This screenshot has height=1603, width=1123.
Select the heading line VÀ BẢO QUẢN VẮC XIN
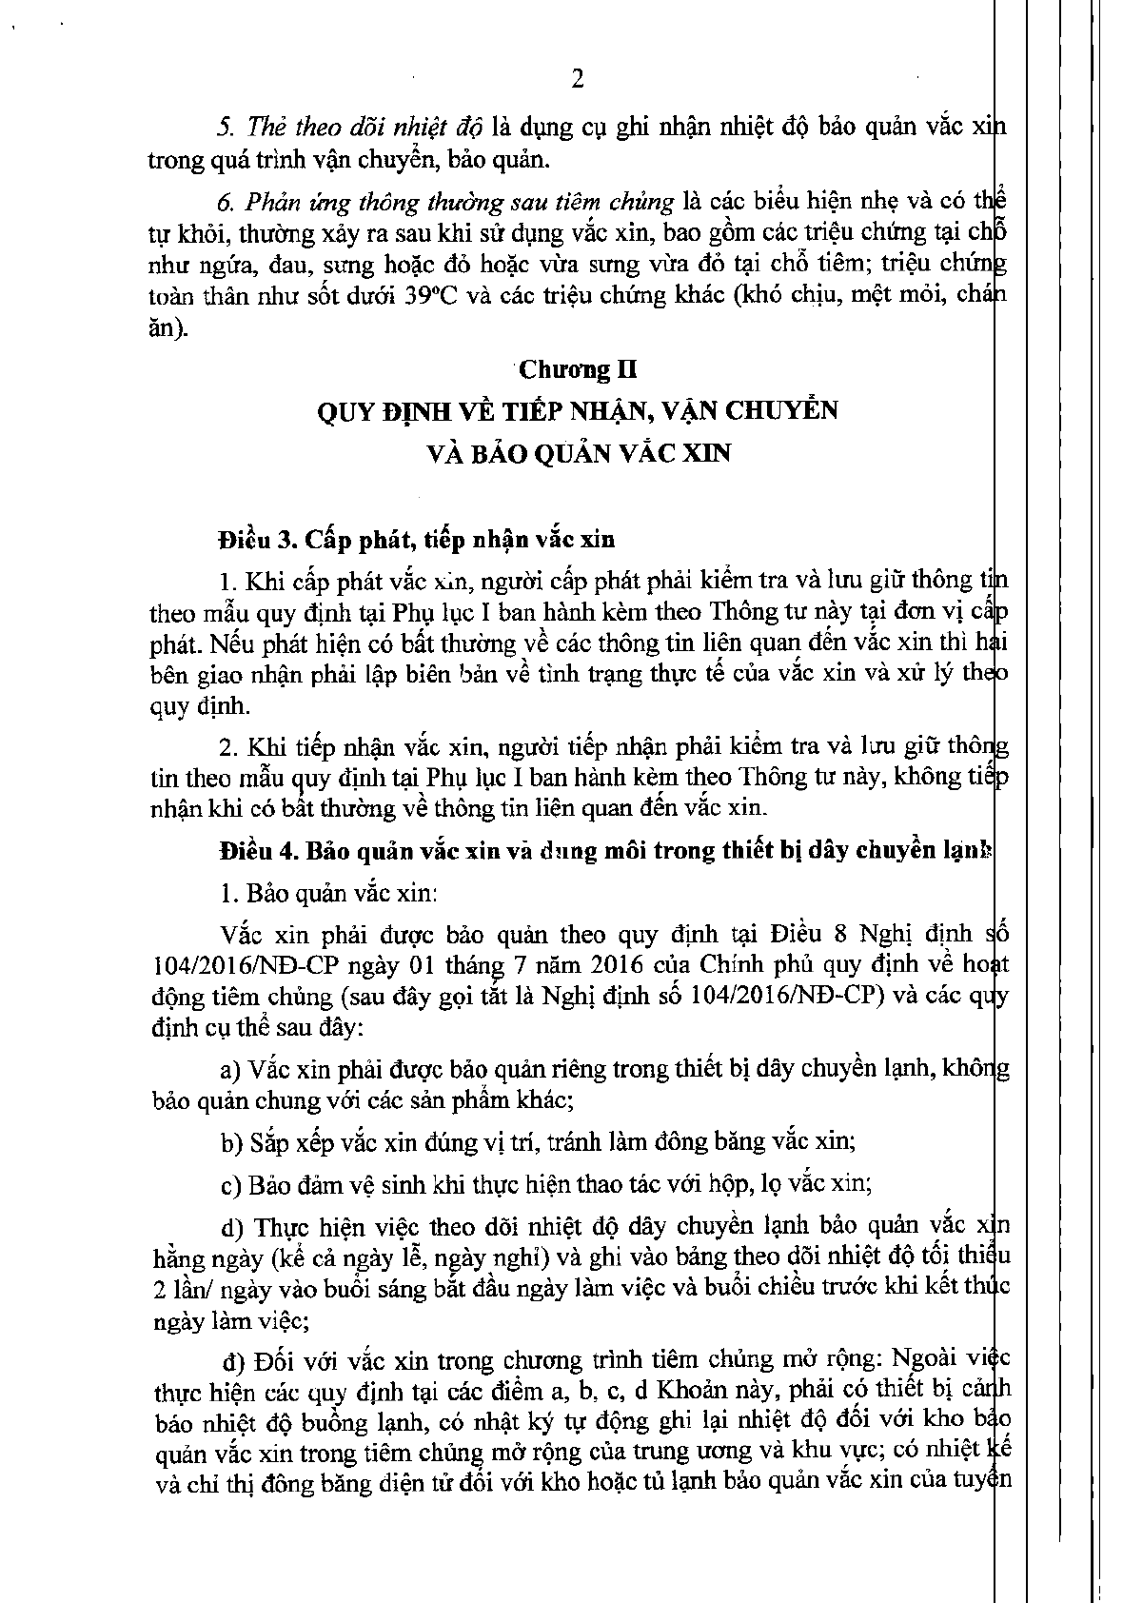pos(580,454)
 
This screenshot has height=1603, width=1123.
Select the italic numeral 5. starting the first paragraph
pos(227,128)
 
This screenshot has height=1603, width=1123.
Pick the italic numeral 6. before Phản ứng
pos(227,202)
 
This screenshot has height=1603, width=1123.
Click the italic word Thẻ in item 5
pos(265,128)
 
